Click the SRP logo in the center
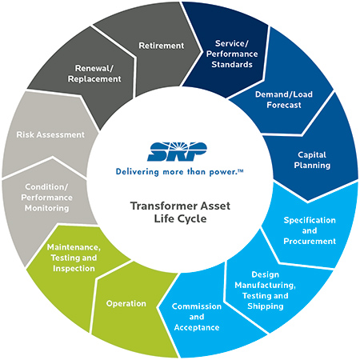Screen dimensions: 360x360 pyautogui.click(x=177, y=151)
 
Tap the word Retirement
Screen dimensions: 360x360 pyautogui.click(x=162, y=46)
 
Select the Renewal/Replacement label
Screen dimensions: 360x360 pyautogui.click(x=94, y=74)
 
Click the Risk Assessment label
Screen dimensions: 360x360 pyautogui.click(x=50, y=134)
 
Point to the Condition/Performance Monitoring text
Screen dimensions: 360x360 pyautogui.click(x=46, y=198)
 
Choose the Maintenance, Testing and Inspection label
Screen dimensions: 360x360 pyautogui.click(x=74, y=258)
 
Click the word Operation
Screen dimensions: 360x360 pyautogui.click(x=126, y=303)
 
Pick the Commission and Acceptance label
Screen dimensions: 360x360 pyautogui.click(x=197, y=317)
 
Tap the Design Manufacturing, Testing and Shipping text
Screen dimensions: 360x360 pyautogui.click(x=266, y=290)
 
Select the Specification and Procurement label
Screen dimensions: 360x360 pyautogui.click(x=310, y=230)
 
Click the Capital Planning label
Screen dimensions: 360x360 pyautogui.click(x=312, y=160)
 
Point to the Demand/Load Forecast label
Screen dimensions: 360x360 pyautogui.click(x=284, y=99)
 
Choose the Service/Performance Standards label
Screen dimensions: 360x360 pyautogui.click(x=232, y=54)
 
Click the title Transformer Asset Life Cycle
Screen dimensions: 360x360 pyautogui.click(x=180, y=212)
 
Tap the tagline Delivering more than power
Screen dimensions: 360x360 pyautogui.click(x=179, y=172)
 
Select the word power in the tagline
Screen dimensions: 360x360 pyautogui.click(x=223, y=172)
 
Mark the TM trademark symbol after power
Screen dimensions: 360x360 pyautogui.click(x=241, y=170)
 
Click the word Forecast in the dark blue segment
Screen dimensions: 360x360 pyautogui.click(x=284, y=105)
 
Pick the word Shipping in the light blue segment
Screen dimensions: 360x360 pyautogui.click(x=266, y=306)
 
